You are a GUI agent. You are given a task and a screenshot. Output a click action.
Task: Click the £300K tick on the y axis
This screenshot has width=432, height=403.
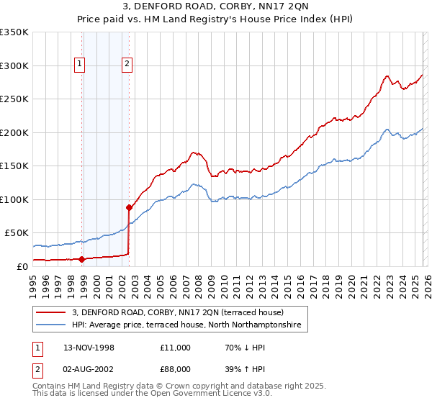pyautogui.click(x=14, y=65)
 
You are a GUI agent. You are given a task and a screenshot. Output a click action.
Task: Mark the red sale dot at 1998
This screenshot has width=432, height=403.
pyautogui.click(x=82, y=259)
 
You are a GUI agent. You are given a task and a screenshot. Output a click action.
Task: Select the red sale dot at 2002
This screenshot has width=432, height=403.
pyautogui.click(x=130, y=207)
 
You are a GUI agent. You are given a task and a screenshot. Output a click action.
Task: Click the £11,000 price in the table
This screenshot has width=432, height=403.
pyautogui.click(x=176, y=348)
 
